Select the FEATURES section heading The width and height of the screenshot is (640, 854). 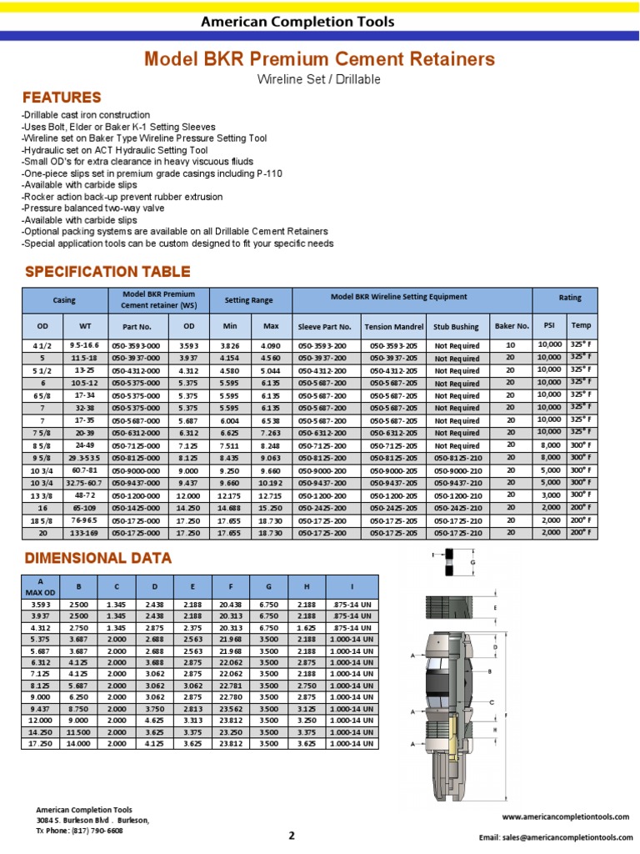point(62,98)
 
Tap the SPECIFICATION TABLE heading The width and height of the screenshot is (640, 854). point(107,272)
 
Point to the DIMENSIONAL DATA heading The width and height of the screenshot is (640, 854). point(98,558)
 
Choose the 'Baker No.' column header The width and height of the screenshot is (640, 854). point(512,326)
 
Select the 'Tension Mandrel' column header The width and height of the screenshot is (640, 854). point(394,327)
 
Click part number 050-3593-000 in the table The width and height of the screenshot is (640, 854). point(139,345)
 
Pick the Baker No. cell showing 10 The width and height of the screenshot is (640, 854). point(511,344)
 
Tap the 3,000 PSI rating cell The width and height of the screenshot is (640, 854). point(549,495)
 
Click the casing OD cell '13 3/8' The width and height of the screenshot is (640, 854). point(42,495)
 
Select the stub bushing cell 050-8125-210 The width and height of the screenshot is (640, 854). point(458,458)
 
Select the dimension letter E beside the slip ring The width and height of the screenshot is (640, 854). point(495,608)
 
